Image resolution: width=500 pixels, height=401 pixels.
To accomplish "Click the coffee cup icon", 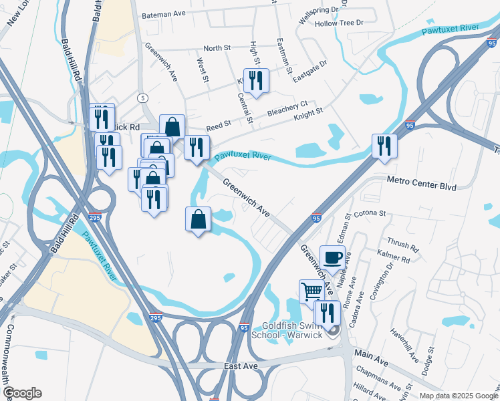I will pyautogui.click(x=332, y=257).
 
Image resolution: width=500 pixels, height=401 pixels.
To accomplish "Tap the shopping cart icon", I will pyautogui.click(x=311, y=291).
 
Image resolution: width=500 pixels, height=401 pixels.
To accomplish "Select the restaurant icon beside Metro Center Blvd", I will pyautogui.click(x=384, y=146).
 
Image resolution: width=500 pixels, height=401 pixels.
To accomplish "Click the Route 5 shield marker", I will pyautogui.click(x=142, y=98).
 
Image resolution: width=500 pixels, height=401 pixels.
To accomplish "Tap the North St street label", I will pyautogui.click(x=217, y=48).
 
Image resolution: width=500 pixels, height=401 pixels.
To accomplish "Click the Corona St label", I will pyautogui.click(x=373, y=213).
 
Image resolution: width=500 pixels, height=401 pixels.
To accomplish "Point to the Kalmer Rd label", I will pyautogui.click(x=392, y=257).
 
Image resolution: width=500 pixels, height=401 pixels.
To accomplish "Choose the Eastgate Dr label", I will pyautogui.click(x=309, y=70).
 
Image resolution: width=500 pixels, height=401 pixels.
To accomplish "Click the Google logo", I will pyautogui.click(x=21, y=393).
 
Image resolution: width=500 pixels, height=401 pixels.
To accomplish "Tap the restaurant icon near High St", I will pyautogui.click(x=256, y=81).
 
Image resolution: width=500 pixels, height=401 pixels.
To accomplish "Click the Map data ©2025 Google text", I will pyautogui.click(x=458, y=396).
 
